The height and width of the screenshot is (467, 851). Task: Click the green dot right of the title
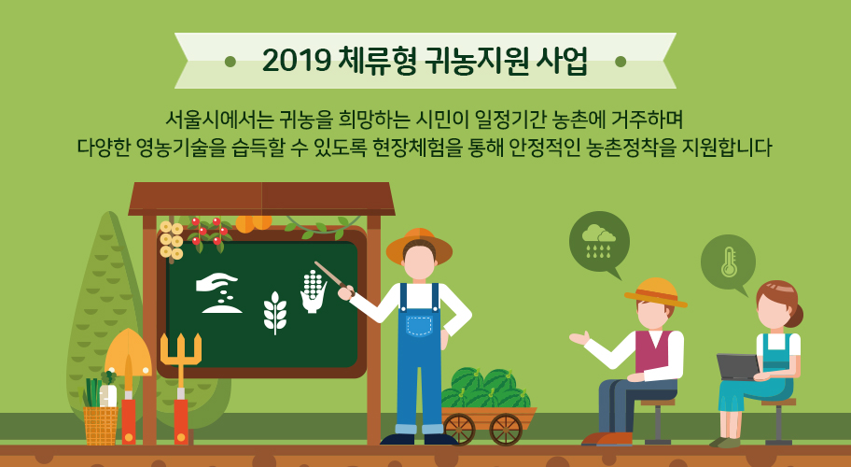[x=620, y=62]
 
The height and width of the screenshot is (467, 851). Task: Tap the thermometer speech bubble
[x=728, y=262]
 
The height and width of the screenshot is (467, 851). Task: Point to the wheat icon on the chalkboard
[x=274, y=311]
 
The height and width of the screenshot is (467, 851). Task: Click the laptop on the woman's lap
[x=737, y=366]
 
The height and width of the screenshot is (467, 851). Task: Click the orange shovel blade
[x=128, y=352]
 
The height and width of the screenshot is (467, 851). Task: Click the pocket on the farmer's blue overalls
[x=420, y=326]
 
